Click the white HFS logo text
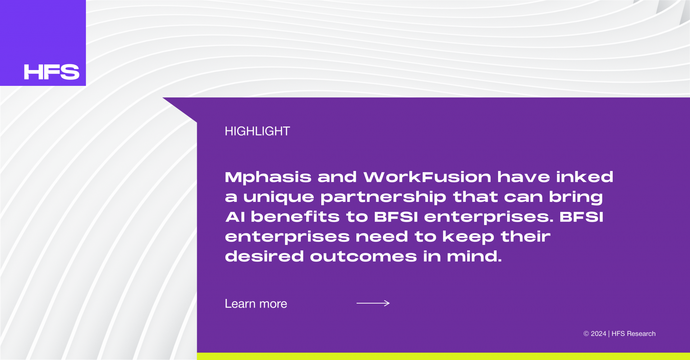tap(51, 72)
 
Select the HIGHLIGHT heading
tap(257, 131)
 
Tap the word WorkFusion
tap(427, 177)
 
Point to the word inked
tap(585, 177)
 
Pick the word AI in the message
tap(235, 217)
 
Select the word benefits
tap(295, 216)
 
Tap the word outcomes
tap(363, 257)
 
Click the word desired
tap(264, 256)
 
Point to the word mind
tap(474, 256)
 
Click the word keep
tap(468, 237)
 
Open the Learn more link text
tap(256, 304)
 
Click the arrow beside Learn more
tap(373, 303)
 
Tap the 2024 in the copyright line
tap(598, 334)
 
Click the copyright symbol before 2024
tap(586, 334)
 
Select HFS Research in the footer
tap(634, 334)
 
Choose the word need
tap(382, 236)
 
